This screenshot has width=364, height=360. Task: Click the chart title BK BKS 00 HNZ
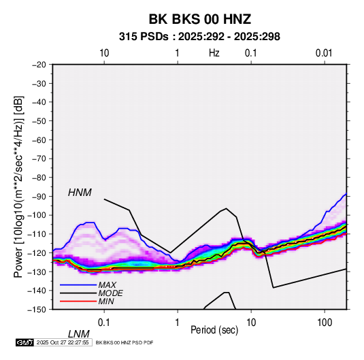point(199,19)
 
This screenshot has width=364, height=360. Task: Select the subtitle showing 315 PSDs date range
point(199,37)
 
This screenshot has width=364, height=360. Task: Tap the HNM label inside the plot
point(80,193)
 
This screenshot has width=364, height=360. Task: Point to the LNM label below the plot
point(78,334)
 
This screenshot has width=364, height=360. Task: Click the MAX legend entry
point(107,284)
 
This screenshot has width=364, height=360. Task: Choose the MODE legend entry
point(110,293)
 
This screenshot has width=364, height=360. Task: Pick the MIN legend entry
point(106,301)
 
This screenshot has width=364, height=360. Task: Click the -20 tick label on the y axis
point(39,65)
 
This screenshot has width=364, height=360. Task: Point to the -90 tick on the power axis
point(39,196)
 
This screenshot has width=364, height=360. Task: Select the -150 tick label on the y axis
point(37,310)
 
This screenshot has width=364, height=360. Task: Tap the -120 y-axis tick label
point(37,252)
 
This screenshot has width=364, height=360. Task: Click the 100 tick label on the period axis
point(325,323)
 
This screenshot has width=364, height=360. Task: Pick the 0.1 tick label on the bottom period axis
point(104,323)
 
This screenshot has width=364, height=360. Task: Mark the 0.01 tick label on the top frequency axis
point(324,53)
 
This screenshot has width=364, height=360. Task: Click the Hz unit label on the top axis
point(214,53)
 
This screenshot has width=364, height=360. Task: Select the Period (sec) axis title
point(214,330)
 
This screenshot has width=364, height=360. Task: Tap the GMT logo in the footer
point(24,342)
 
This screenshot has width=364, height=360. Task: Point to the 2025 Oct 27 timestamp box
point(63,342)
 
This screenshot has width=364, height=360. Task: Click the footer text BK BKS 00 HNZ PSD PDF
point(125,342)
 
